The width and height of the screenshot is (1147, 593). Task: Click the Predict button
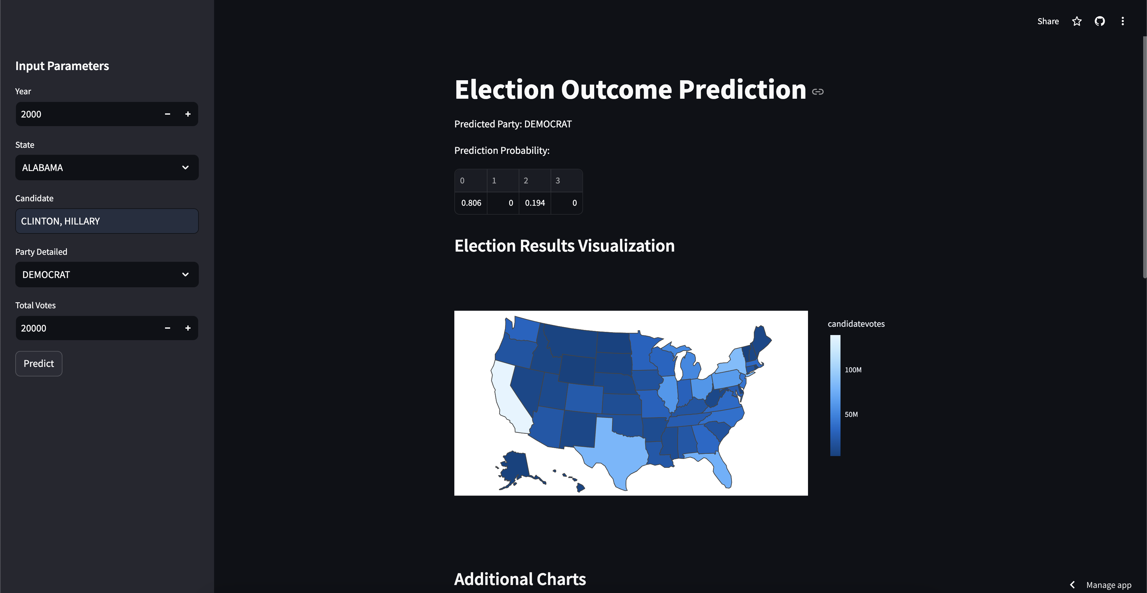click(39, 364)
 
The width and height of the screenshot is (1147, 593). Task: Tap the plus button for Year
click(188, 114)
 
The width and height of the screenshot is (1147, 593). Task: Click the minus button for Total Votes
click(167, 328)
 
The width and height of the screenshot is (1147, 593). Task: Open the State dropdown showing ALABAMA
click(107, 168)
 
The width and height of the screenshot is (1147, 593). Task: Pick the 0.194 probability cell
click(535, 203)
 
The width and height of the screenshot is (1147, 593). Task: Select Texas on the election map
click(619, 450)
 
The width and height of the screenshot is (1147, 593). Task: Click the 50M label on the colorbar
click(851, 414)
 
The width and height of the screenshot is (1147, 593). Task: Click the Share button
click(1048, 21)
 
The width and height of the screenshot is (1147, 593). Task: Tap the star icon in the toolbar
click(1077, 21)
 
